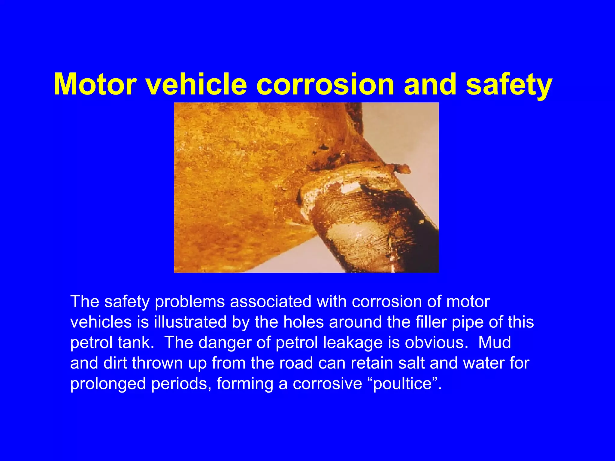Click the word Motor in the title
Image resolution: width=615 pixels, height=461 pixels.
pyautogui.click(x=95, y=85)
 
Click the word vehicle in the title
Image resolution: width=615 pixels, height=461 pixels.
pyautogui.click(x=196, y=85)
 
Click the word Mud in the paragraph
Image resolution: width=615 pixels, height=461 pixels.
pyautogui.click(x=494, y=342)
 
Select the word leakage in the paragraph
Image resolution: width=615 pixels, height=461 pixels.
pyautogui.click(x=353, y=342)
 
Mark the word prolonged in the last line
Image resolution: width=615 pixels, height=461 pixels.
pyautogui.click(x=108, y=384)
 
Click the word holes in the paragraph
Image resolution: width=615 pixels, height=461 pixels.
pyautogui.click(x=304, y=322)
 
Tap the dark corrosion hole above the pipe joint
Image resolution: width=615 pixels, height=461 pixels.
pyautogui.click(x=323, y=147)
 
